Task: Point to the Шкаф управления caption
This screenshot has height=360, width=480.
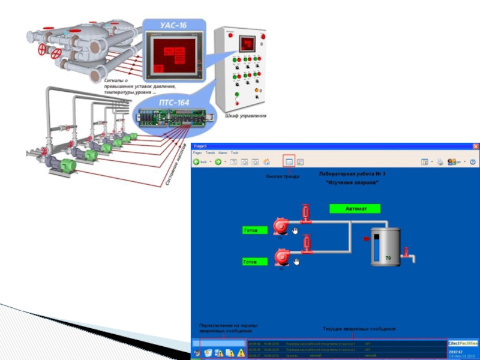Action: click(x=245, y=116)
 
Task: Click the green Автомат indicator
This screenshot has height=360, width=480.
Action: click(x=355, y=209)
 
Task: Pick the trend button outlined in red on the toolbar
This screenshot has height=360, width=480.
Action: click(x=289, y=161)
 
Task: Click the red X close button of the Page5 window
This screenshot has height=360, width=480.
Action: click(x=475, y=146)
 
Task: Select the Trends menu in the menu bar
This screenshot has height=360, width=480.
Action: click(x=210, y=153)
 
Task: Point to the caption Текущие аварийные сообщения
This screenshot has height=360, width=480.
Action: click(x=359, y=329)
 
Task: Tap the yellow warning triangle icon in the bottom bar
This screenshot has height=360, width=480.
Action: click(x=229, y=353)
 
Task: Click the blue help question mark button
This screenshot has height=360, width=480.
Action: click(x=472, y=161)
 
